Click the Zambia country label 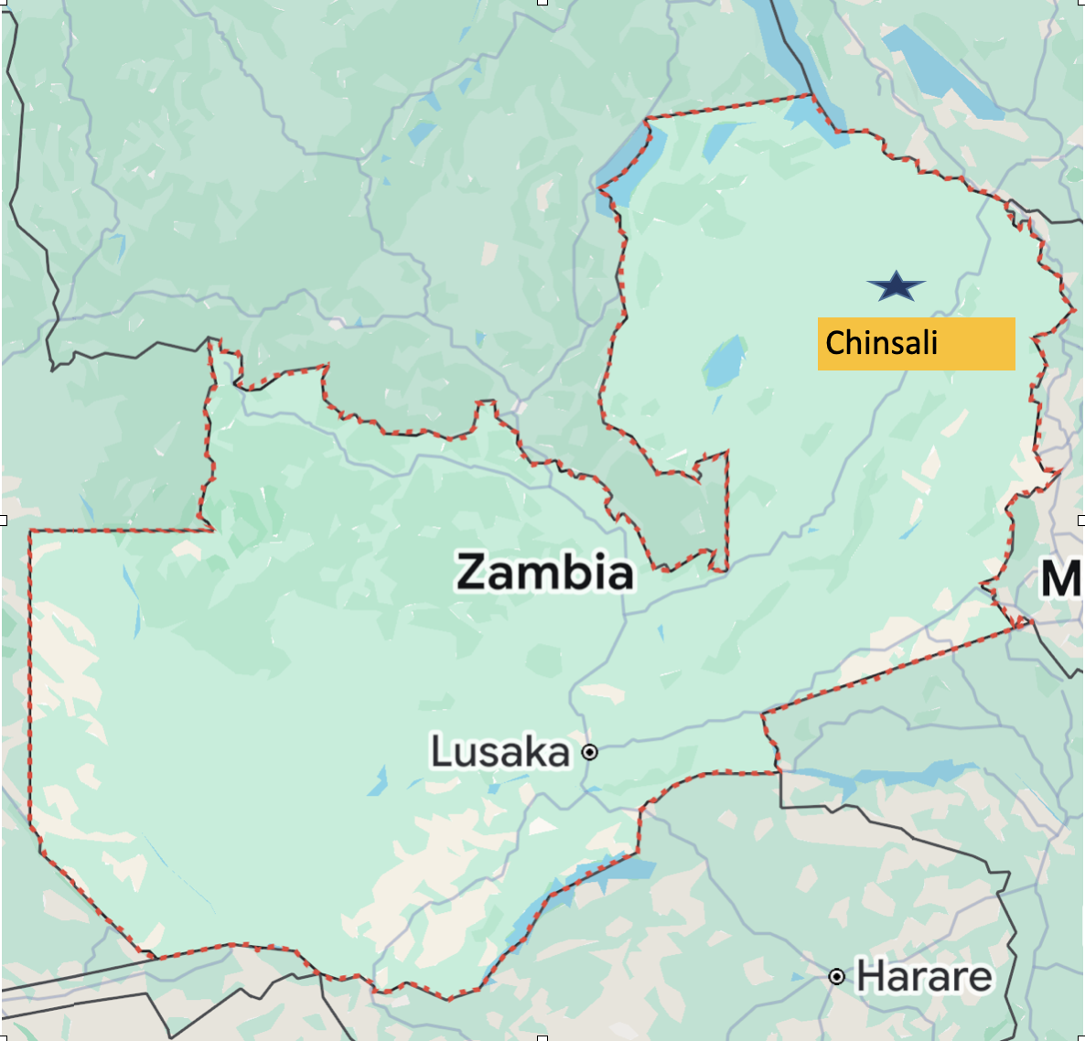click(x=545, y=572)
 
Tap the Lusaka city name click(x=500, y=752)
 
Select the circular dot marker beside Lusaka click(x=590, y=752)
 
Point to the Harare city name click(x=924, y=977)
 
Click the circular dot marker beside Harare click(x=836, y=977)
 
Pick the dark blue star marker click(x=897, y=286)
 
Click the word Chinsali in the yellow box click(x=881, y=343)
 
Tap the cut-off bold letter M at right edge click(x=1061, y=579)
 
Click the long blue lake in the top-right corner click(x=942, y=70)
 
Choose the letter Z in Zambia click(x=473, y=572)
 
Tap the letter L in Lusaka click(x=439, y=752)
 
